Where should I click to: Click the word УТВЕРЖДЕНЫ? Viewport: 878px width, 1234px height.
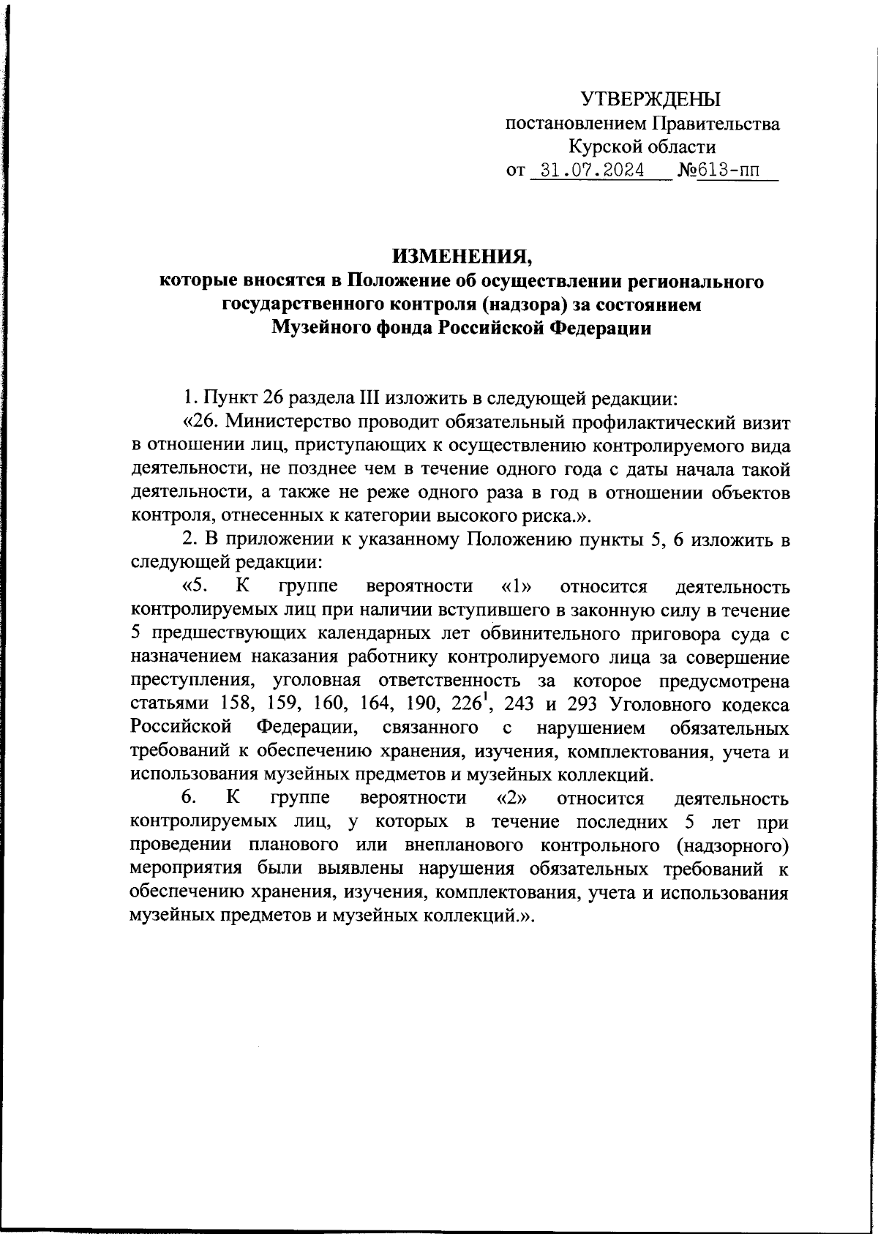click(x=650, y=99)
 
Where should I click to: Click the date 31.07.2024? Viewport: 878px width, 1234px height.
click(x=588, y=171)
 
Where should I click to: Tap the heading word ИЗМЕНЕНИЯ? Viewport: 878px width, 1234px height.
click(x=462, y=257)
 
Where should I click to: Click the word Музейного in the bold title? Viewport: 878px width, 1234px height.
click(x=320, y=329)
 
